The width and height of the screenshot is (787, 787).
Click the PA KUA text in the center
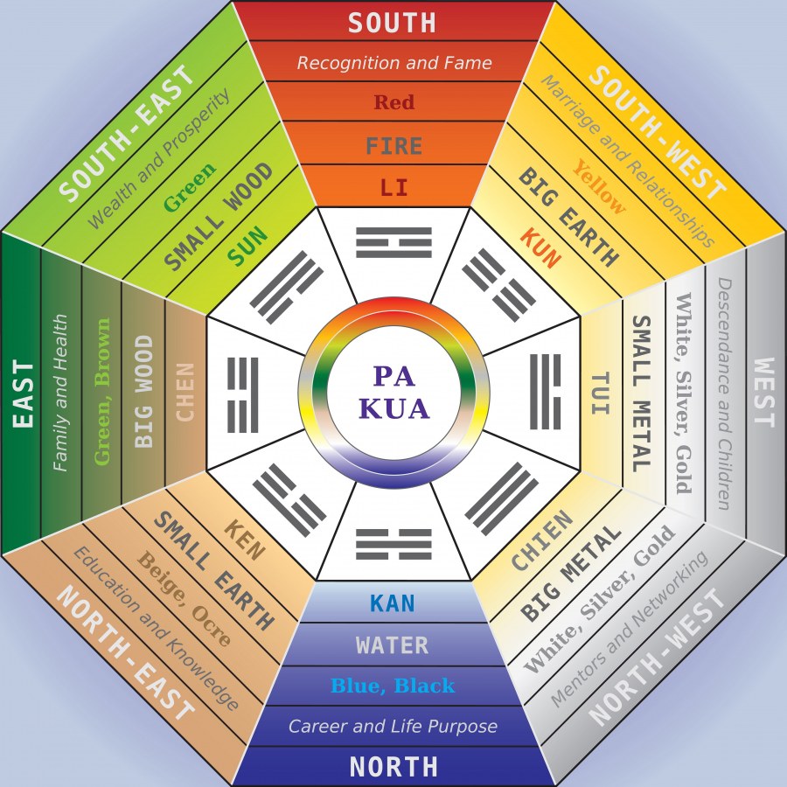(393, 392)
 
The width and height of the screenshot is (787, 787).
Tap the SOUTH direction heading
(393, 22)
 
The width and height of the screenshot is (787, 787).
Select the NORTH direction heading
(393, 767)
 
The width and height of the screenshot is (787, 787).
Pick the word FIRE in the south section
(393, 145)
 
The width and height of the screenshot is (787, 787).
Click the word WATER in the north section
(393, 646)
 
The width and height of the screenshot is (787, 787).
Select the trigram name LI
(393, 187)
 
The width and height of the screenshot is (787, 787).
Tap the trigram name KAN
(393, 603)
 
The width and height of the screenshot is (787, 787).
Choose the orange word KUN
(540, 248)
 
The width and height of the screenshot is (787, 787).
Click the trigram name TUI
(601, 393)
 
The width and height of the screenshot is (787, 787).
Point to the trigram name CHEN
(185, 393)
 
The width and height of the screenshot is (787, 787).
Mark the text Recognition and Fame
(393, 63)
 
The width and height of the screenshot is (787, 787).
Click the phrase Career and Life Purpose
(393, 726)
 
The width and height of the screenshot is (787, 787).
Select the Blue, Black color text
(393, 686)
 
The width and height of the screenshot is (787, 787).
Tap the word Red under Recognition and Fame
(393, 103)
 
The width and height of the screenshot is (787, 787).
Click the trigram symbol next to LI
(393, 240)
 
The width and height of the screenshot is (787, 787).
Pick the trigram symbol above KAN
(393, 544)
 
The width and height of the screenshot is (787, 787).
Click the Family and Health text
(60, 393)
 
